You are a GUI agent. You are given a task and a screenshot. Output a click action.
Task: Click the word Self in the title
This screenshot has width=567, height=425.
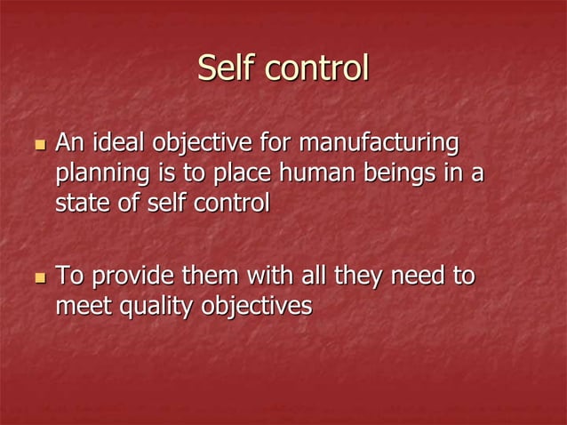click(223, 69)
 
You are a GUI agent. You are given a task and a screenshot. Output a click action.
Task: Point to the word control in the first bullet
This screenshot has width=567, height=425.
click(231, 203)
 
